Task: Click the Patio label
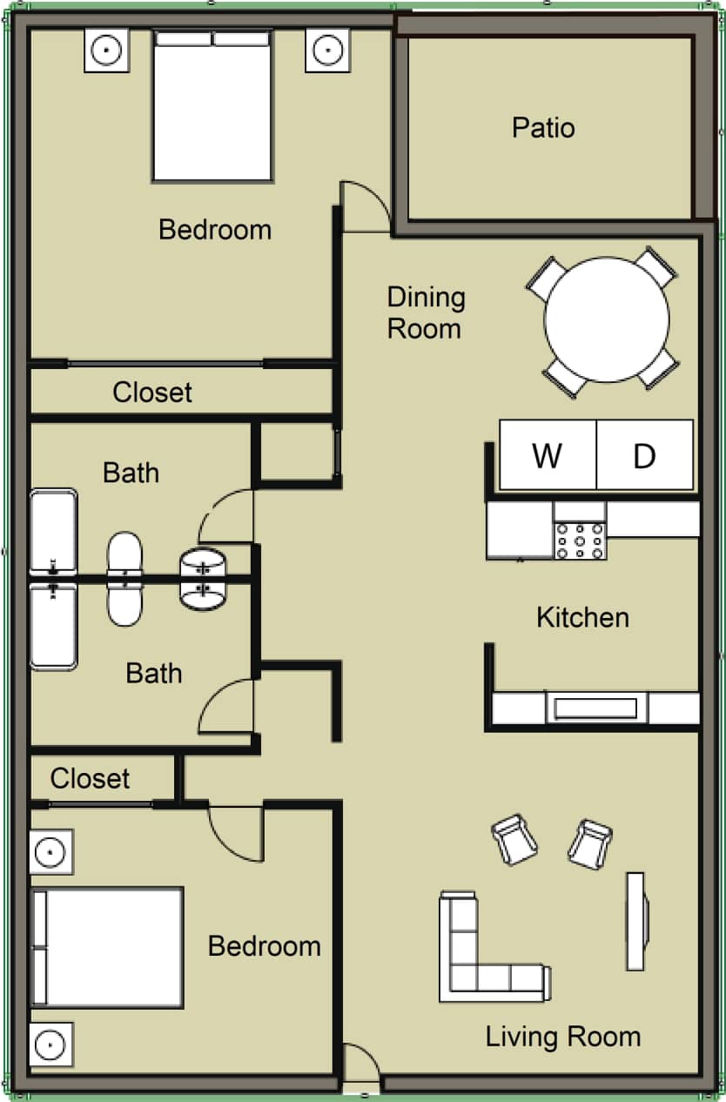pyautogui.click(x=543, y=128)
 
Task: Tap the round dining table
pyautogui.click(x=607, y=319)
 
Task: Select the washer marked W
pyautogui.click(x=547, y=455)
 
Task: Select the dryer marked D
pyautogui.click(x=644, y=455)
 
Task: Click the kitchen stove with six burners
pyautogui.click(x=580, y=540)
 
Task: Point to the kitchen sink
pyautogui.click(x=595, y=708)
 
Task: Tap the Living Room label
pyautogui.click(x=562, y=1037)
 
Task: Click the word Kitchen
pyautogui.click(x=582, y=617)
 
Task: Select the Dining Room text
pyautogui.click(x=426, y=312)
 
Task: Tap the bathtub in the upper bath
pyautogui.click(x=53, y=533)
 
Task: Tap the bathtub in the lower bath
pyautogui.click(x=53, y=625)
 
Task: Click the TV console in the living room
pyautogui.click(x=636, y=921)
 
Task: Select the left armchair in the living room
pyautogui.click(x=514, y=840)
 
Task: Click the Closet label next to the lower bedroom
pyautogui.click(x=90, y=778)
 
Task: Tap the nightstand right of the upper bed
pyautogui.click(x=327, y=50)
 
